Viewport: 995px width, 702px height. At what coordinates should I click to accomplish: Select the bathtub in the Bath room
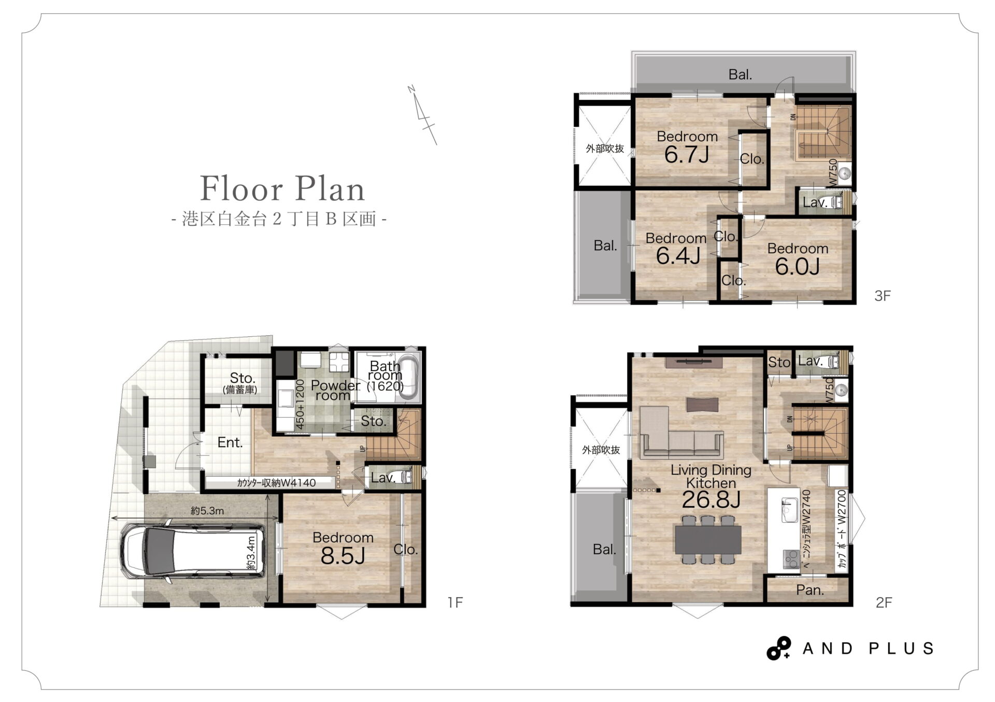(409, 377)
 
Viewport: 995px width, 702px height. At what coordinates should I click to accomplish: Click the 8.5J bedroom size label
(343, 556)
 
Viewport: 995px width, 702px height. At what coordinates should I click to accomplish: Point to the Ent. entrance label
(230, 442)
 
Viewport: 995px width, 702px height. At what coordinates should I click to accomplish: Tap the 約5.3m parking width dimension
(207, 511)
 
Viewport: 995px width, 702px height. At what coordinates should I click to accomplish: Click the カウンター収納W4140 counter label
(276, 483)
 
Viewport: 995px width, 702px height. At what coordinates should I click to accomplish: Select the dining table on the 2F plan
(708, 539)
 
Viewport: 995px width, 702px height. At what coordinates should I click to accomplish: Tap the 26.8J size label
(710, 499)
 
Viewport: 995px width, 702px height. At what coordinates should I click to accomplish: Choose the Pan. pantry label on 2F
(810, 590)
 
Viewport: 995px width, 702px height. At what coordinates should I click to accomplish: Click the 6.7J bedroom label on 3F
(687, 154)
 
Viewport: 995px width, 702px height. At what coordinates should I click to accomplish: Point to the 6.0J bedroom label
(797, 266)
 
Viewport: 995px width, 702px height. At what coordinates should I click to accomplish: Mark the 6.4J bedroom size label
(678, 256)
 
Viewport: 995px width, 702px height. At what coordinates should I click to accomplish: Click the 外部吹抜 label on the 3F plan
(605, 149)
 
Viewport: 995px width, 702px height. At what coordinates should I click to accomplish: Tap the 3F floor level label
(882, 296)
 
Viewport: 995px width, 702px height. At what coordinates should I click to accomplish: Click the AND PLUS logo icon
(778, 648)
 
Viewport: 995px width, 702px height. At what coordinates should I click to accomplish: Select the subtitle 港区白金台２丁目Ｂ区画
(279, 219)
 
